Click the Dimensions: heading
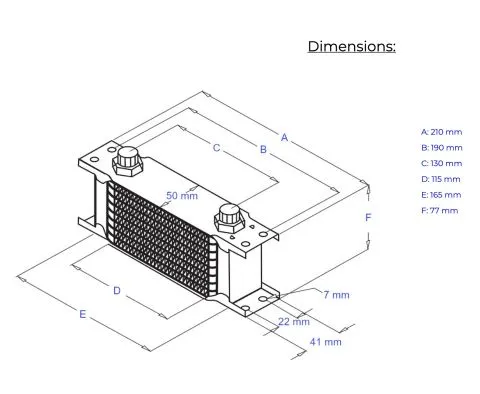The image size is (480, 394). (x=352, y=46)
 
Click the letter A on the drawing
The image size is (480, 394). (x=284, y=137)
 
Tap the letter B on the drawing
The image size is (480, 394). (x=263, y=149)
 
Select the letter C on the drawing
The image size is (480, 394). (x=217, y=148)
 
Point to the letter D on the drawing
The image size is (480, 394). (x=117, y=291)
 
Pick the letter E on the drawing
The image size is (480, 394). (x=82, y=314)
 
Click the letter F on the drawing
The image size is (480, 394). (x=368, y=218)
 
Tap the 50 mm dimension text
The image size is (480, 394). (x=182, y=196)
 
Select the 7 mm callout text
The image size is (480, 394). (x=336, y=295)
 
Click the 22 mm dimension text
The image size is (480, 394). (x=294, y=322)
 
